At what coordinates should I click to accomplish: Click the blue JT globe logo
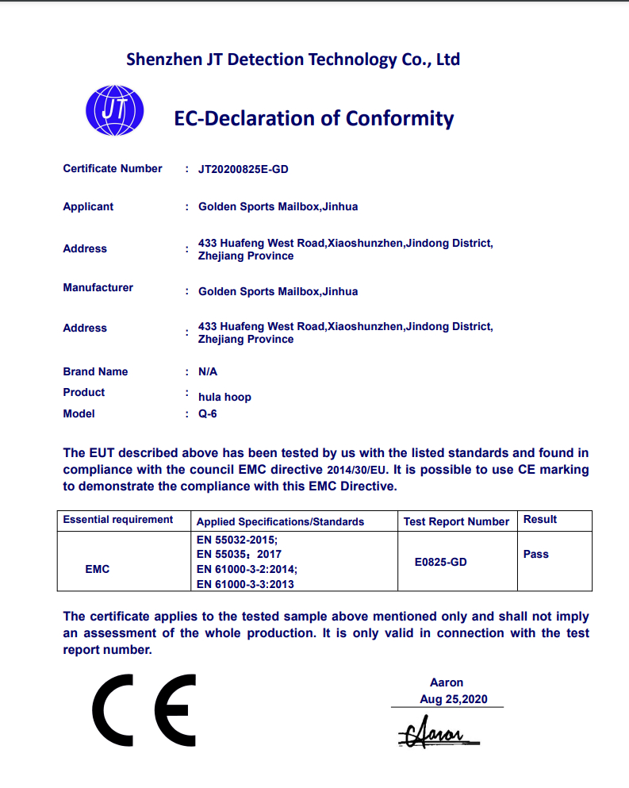pyautogui.click(x=114, y=110)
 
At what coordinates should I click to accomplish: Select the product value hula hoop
pyautogui.click(x=224, y=397)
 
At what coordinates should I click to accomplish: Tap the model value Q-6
pyautogui.click(x=208, y=414)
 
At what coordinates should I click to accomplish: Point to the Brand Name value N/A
pyautogui.click(x=208, y=372)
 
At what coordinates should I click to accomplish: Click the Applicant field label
pyautogui.click(x=88, y=207)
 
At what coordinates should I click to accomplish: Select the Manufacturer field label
pyautogui.click(x=98, y=288)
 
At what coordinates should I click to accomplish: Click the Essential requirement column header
pyautogui.click(x=118, y=520)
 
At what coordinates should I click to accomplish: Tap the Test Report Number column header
pyautogui.click(x=456, y=522)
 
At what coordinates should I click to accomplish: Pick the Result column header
pyautogui.click(x=540, y=520)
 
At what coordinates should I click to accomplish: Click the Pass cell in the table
pyautogui.click(x=536, y=555)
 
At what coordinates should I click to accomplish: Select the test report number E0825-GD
pyautogui.click(x=441, y=563)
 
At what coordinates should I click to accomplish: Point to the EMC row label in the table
pyautogui.click(x=97, y=570)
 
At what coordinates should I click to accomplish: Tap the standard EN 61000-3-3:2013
pyautogui.click(x=245, y=585)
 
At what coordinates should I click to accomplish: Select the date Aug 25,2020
pyautogui.click(x=454, y=700)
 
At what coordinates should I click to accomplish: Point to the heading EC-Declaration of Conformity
pyautogui.click(x=314, y=119)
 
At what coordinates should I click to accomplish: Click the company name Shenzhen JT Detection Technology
pyautogui.click(x=293, y=60)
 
